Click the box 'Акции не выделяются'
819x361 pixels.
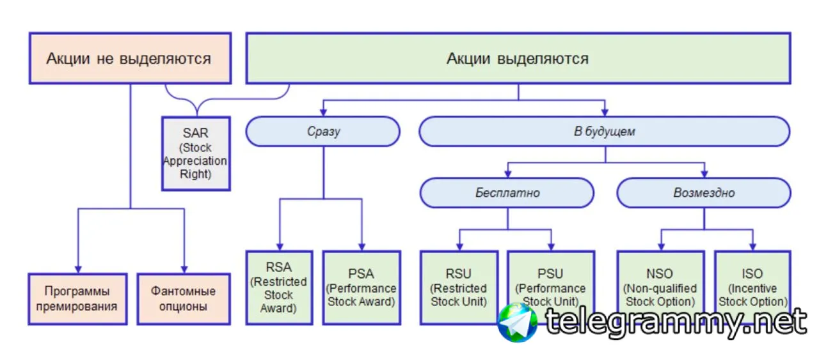[129, 59]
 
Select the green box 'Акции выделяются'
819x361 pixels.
[518, 59]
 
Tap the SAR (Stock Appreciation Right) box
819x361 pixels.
[195, 153]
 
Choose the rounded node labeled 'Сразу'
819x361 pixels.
[323, 132]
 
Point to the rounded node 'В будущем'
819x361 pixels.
[604, 132]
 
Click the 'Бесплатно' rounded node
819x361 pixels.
[507, 192]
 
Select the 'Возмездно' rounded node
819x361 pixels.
[704, 192]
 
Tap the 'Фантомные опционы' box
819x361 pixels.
[183, 298]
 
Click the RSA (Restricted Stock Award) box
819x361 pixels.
[280, 287]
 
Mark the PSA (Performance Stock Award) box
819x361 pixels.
[362, 287]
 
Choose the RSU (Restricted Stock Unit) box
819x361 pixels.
[459, 287]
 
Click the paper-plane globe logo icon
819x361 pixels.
[518, 322]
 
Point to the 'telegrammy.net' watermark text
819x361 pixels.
[675, 322]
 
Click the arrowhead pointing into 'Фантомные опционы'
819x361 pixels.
[184, 268]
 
